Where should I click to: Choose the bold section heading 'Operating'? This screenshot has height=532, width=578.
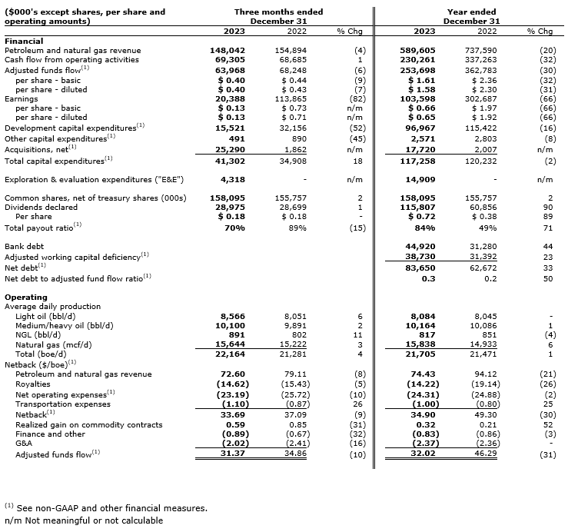[26, 297]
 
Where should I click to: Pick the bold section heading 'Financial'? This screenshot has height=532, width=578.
[24, 41]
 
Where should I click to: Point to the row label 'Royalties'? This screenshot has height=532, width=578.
[33, 384]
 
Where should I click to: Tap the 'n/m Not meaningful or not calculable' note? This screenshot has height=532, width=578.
[83, 520]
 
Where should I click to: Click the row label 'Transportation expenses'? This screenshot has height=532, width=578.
[62, 404]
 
